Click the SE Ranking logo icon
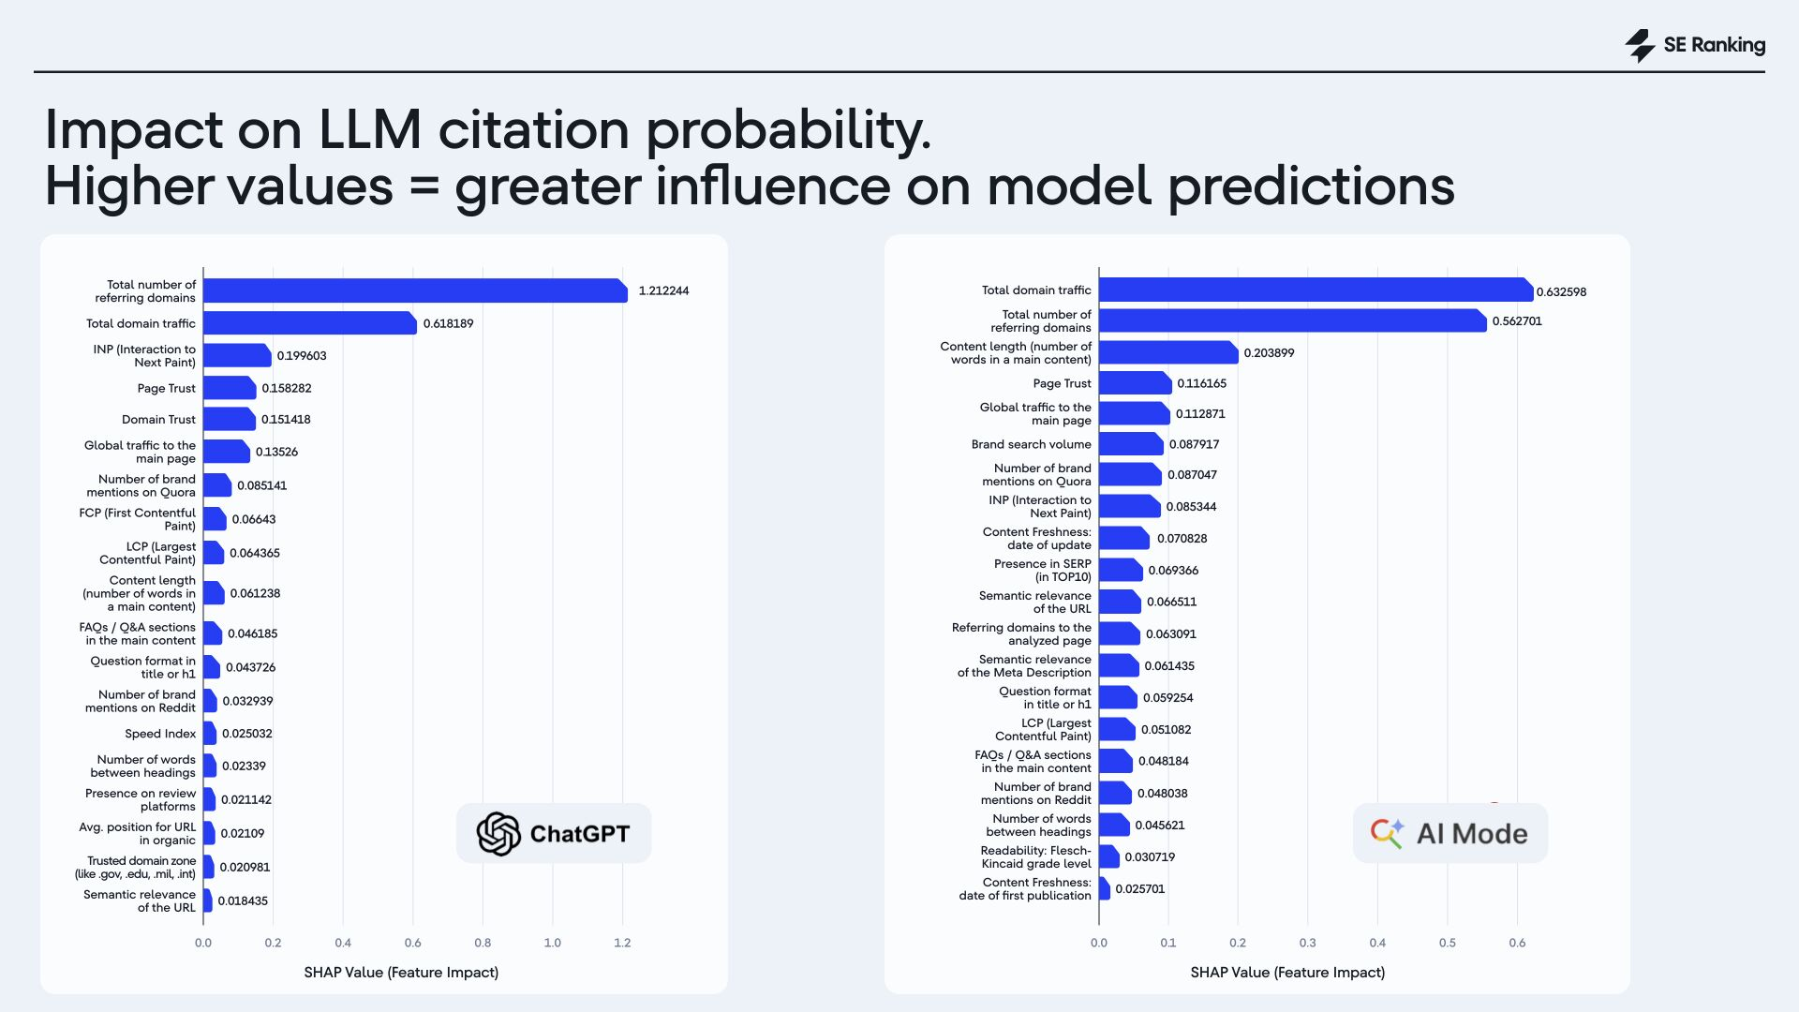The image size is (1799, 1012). click(1640, 45)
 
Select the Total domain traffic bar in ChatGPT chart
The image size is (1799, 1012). click(309, 323)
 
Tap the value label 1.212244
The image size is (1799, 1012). click(663, 290)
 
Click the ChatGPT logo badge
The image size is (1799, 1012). click(553, 833)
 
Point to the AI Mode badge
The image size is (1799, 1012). click(1450, 833)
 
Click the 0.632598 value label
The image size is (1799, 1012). click(1561, 291)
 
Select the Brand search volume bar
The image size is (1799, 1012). click(1130, 444)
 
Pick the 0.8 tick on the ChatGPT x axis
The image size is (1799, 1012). click(483, 943)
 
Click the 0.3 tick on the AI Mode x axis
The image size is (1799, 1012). click(1307, 943)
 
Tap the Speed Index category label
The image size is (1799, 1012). click(160, 734)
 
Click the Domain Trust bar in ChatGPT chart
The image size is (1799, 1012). click(229, 419)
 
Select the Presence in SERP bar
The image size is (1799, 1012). click(1120, 570)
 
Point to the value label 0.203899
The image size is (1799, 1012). click(1269, 353)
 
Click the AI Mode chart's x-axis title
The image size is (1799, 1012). click(1287, 973)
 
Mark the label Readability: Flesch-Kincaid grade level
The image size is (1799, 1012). click(1036, 857)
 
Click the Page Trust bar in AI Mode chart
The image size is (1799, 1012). click(1135, 383)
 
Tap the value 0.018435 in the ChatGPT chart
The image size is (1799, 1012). click(243, 900)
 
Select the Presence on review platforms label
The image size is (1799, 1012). click(141, 799)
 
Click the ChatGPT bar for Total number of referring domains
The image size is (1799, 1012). click(414, 290)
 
